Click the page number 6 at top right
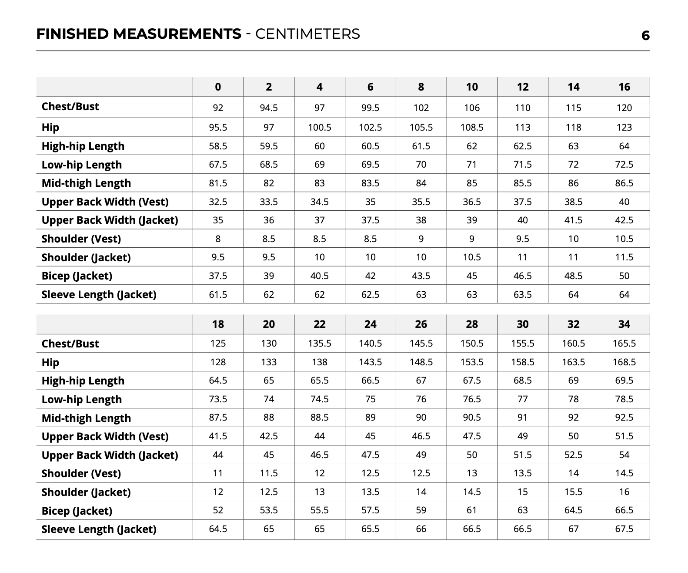tap(645, 36)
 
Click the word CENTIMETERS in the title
tap(307, 34)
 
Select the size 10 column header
tap(472, 87)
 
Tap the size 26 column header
tap(421, 324)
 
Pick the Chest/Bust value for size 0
tap(218, 108)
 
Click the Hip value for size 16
tap(624, 128)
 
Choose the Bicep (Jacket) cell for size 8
tap(421, 276)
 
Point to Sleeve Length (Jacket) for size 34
tap(624, 529)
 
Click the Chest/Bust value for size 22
tap(320, 344)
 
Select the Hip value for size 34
tap(624, 362)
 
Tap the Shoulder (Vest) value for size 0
tap(218, 239)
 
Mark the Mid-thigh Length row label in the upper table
tap(86, 183)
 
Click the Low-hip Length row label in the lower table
tap(82, 400)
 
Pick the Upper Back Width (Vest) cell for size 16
tap(624, 202)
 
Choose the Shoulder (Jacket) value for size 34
tap(624, 492)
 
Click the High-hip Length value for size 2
tap(269, 146)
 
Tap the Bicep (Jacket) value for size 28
tap(472, 510)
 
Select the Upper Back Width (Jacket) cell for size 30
tap(523, 455)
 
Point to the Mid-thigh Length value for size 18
tap(218, 418)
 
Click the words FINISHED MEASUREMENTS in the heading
tap(139, 34)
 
